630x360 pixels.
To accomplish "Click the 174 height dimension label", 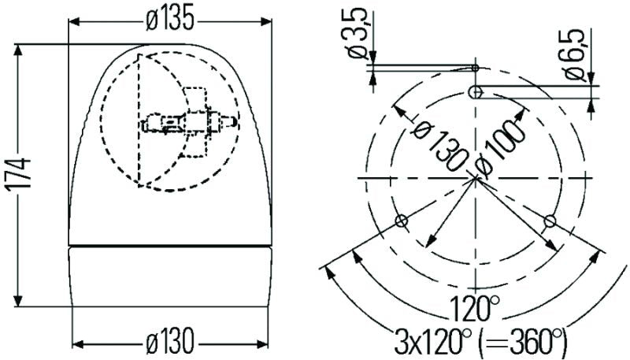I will [x=24, y=175].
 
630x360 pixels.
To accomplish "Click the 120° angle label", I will [x=475, y=304].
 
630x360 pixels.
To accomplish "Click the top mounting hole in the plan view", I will [x=475, y=93].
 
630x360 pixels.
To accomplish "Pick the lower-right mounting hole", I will [x=550, y=220].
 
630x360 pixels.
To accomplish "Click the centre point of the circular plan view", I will [x=476, y=179].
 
